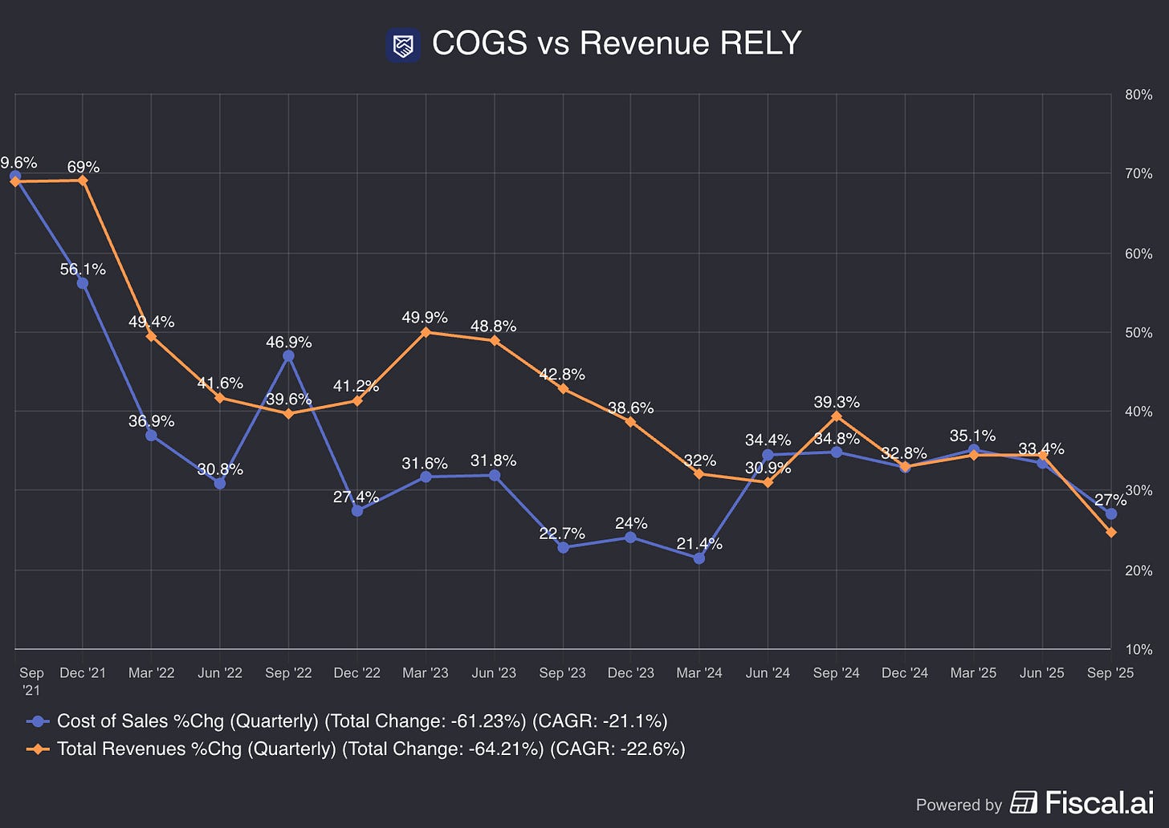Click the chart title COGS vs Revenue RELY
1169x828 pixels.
[x=617, y=43]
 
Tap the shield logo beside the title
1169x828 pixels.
[x=403, y=46]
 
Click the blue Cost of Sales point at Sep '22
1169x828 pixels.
[x=288, y=356]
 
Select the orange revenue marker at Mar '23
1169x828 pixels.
[x=426, y=332]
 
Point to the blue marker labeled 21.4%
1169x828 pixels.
[x=699, y=558]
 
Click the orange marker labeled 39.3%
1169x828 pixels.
[x=837, y=416]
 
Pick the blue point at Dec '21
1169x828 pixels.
[x=83, y=284]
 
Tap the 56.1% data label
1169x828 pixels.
[x=83, y=269]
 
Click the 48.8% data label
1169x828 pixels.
[x=493, y=327]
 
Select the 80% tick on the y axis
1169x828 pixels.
[x=1138, y=95]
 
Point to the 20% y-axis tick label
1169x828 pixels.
[x=1138, y=570]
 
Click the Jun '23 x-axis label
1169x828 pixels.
[x=494, y=672]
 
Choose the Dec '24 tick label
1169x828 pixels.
[x=904, y=672]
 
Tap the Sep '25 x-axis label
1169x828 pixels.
[x=1110, y=672]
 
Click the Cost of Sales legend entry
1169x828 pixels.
[x=347, y=721]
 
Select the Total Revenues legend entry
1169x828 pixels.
[x=356, y=749]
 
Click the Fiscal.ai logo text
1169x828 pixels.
[x=1100, y=802]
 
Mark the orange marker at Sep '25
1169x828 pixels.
[x=1111, y=533]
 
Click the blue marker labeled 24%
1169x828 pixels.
[x=630, y=537]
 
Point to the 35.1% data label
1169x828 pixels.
[x=973, y=436]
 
